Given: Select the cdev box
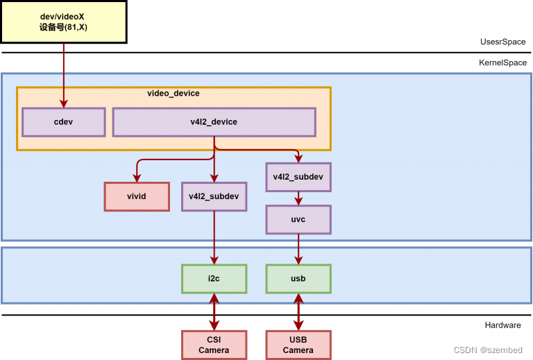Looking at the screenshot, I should [64, 122].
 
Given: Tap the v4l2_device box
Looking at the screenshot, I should [214, 122].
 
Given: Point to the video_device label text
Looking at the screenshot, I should [174, 93].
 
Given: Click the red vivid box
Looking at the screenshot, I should [137, 196].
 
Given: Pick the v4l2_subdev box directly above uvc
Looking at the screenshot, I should [298, 177].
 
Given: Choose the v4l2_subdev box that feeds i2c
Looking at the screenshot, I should [214, 196].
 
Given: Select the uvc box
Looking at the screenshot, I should [298, 219].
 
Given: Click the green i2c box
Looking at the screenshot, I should [214, 278].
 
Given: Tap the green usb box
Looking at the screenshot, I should [298, 278].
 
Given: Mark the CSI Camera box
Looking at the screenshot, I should [214, 345].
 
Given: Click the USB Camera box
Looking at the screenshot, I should [298, 345].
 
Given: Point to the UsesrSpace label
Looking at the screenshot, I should [503, 42].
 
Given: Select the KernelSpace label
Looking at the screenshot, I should [502, 62].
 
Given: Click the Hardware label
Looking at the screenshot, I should [505, 325].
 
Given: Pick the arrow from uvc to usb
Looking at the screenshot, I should [298, 249].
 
